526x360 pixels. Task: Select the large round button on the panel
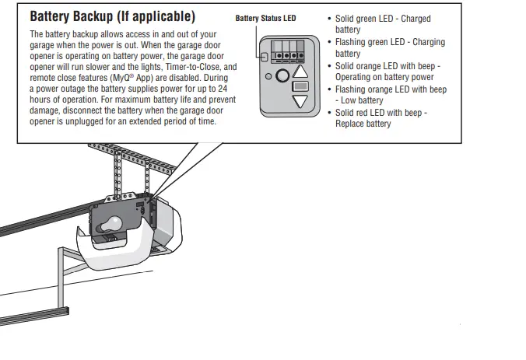click(x=282, y=76)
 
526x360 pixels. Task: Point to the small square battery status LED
click(x=265, y=58)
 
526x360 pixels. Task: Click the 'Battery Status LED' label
click(x=265, y=19)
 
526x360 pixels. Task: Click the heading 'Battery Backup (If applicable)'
click(x=112, y=16)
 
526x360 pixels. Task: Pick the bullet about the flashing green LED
click(x=381, y=48)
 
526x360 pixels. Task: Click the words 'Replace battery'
click(x=363, y=124)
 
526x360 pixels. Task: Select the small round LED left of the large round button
click(x=268, y=77)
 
